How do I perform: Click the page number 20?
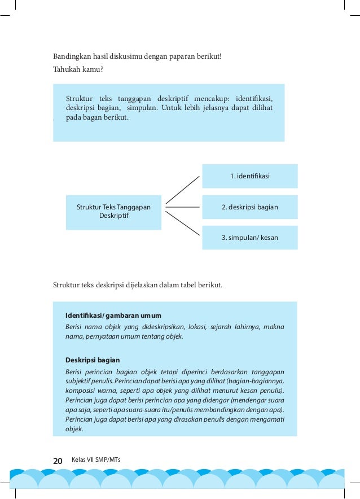pos(58,461)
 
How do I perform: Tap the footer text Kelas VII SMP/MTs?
pos(96,460)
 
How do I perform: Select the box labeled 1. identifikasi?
pos(249,176)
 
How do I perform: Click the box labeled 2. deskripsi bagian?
pos(249,207)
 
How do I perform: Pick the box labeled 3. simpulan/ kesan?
pos(249,238)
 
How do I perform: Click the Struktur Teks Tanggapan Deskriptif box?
pos(113,212)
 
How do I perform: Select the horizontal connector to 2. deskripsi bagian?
pos(182,207)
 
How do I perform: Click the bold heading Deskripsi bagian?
pos(93,360)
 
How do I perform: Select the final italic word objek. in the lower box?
pos(74,429)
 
